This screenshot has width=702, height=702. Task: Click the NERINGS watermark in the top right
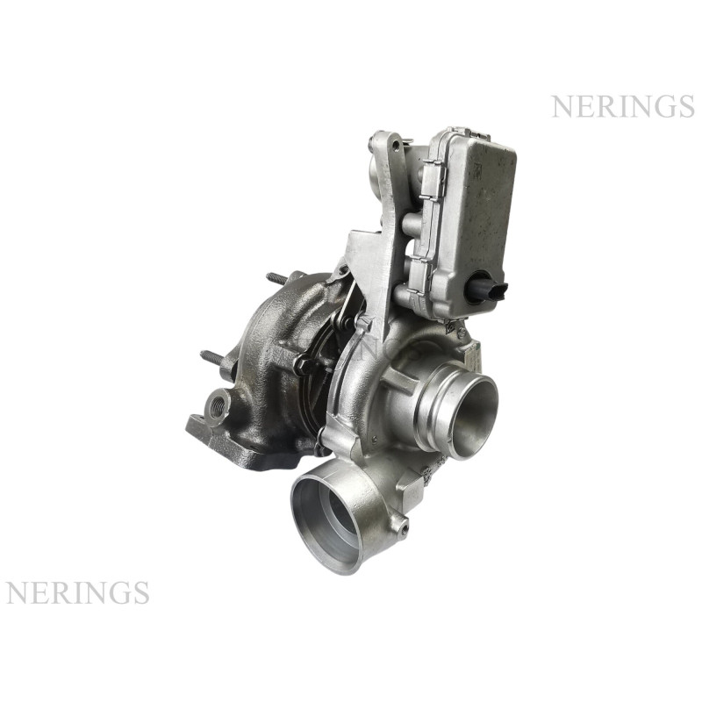point(623,106)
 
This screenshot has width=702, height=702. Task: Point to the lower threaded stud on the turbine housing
point(216,358)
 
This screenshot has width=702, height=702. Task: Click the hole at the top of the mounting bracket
point(396,145)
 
